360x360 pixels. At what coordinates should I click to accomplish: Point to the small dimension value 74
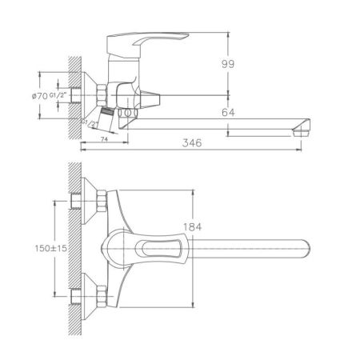(104, 138)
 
